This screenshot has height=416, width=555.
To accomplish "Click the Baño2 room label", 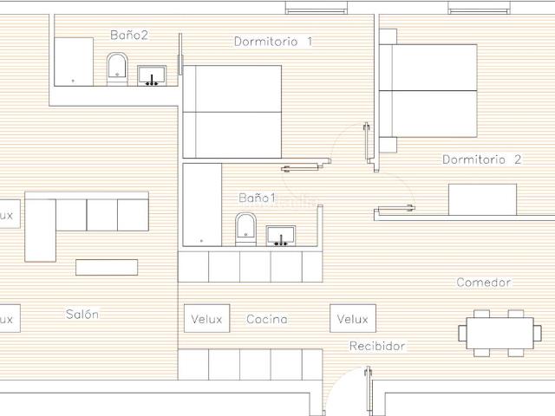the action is [129, 35].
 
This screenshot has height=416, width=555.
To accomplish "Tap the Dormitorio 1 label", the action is [273, 42].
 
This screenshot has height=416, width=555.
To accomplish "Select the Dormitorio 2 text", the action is [482, 159].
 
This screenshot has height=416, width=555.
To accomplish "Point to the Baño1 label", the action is [258, 198].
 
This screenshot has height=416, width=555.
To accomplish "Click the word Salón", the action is [82, 314].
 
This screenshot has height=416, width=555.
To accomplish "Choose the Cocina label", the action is [267, 319].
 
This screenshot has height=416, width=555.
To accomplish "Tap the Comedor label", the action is [484, 283].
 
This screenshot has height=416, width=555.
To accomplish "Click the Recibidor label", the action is [377, 346].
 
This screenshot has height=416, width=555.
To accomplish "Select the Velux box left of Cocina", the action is [206, 318].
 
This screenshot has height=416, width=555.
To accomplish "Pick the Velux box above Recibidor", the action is [353, 318].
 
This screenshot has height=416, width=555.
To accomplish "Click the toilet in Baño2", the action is [117, 69].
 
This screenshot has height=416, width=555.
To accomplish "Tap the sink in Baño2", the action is [152, 75].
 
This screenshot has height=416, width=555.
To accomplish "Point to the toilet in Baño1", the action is [245, 229].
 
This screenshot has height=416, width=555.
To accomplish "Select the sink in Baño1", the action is [281, 236].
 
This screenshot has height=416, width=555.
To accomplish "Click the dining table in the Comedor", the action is [499, 333].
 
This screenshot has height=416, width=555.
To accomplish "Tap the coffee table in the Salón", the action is [107, 267].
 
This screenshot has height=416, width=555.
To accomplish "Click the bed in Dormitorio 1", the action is [232, 112].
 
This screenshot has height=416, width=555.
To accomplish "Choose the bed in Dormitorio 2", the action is [428, 90].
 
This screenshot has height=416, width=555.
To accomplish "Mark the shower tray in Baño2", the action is [74, 62].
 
